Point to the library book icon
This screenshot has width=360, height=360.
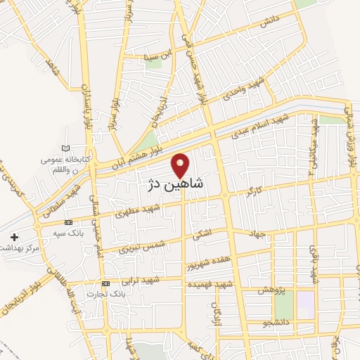66,148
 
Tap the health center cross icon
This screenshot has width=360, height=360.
15,236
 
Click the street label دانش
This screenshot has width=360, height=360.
269,22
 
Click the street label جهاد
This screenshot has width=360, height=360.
257,234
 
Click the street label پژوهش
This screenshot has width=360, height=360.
270,290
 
